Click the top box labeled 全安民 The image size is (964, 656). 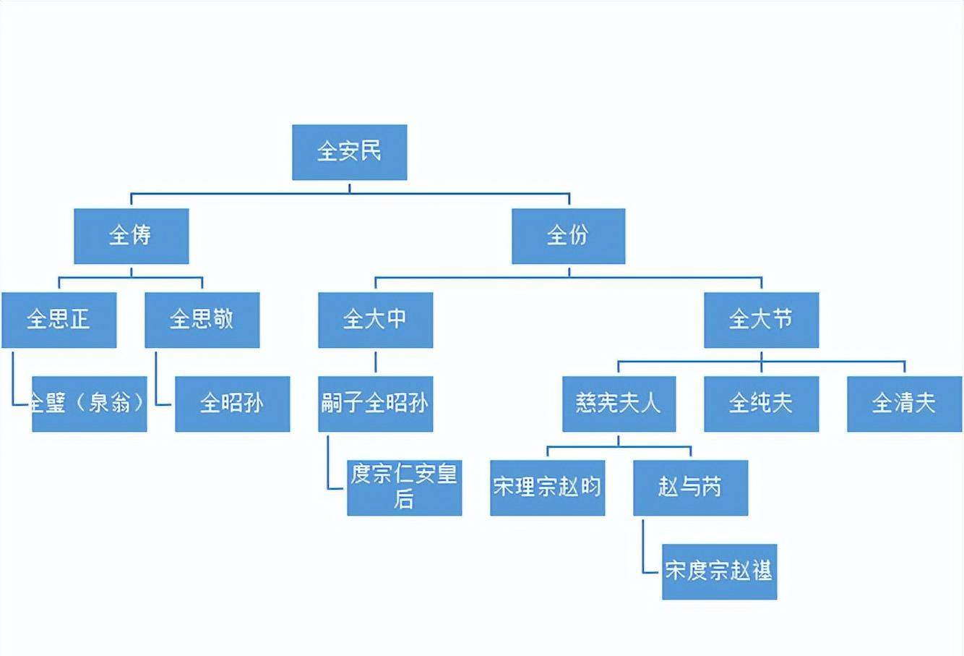[x=349, y=152]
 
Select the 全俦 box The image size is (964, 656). [x=131, y=236]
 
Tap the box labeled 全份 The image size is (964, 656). [x=568, y=236]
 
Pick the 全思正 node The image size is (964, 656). [x=59, y=320]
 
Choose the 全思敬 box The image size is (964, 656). [x=202, y=320]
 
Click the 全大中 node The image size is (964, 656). [x=375, y=320]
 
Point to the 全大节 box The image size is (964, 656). [x=761, y=320]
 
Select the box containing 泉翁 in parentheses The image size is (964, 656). [x=89, y=404]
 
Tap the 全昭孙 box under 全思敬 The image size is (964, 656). [x=232, y=404]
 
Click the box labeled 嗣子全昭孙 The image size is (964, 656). [x=375, y=404]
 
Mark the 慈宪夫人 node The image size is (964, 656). [x=619, y=404]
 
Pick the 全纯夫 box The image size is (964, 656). [x=761, y=404]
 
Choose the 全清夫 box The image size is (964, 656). [x=904, y=404]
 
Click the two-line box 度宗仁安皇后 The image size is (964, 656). [x=404, y=487]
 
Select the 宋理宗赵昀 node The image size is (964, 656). [x=547, y=487]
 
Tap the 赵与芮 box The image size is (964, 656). [x=690, y=487]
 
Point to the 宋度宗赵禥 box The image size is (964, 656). [x=719, y=571]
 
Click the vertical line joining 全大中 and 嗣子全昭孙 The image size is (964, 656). [x=375, y=362]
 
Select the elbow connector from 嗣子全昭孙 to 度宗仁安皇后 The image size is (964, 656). [x=328, y=467]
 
